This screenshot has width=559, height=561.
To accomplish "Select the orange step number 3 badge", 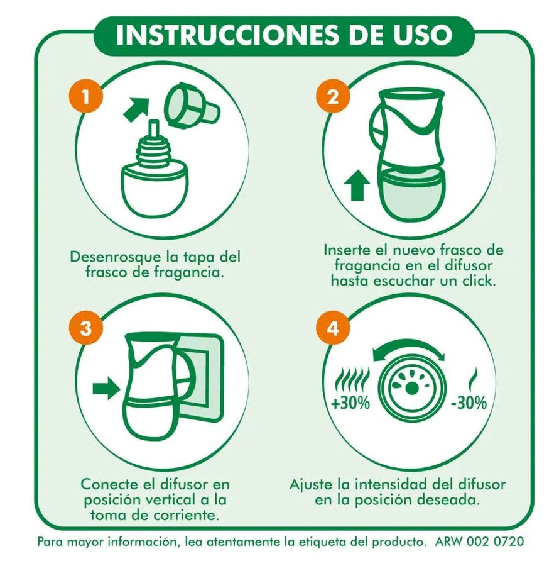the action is coord(86,328).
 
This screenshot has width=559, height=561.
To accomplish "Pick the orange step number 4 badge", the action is coord(333,328).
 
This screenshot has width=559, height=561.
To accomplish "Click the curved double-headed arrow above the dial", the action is coord(408,344).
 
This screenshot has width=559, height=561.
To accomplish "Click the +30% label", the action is coord(350,403).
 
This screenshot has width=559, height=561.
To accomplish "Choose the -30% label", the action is coord(469,403).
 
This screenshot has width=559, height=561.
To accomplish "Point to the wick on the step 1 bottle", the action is coord(155,130).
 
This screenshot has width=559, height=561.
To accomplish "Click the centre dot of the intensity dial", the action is coord(412,389).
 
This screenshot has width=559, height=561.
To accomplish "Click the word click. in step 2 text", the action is coord(479,280).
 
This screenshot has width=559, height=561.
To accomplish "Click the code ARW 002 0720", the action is coord(479,542).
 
